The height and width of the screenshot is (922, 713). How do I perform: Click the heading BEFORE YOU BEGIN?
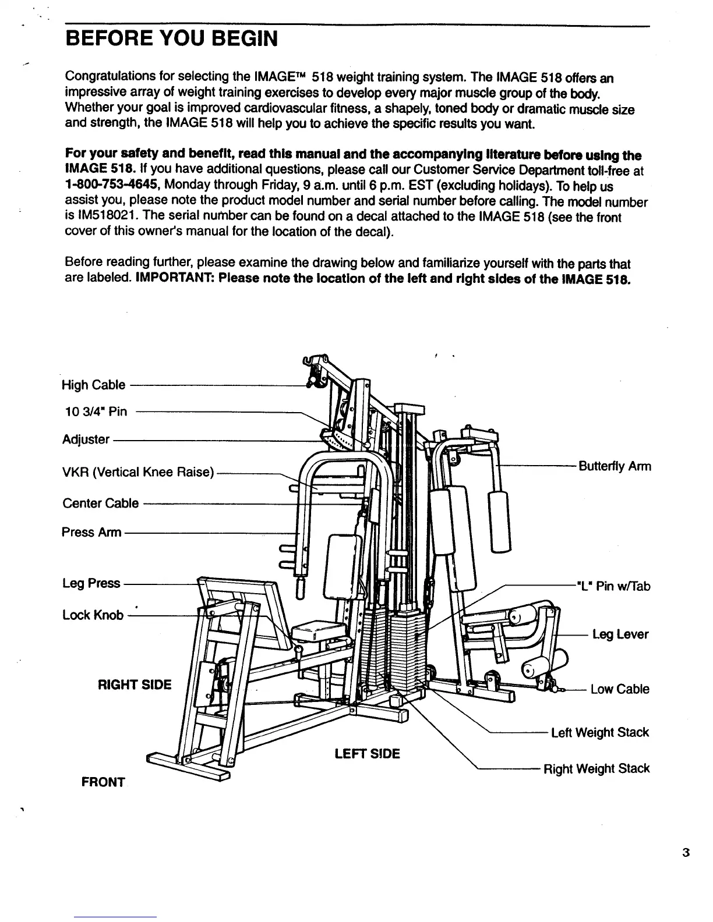pos(171,39)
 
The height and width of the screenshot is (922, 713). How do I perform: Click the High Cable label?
pos(93,385)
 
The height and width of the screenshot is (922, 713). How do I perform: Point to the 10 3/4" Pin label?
pos(94,412)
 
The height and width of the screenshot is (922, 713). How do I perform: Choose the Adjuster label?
pos(86,439)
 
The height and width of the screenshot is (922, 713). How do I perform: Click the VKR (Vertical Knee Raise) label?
pos(138,471)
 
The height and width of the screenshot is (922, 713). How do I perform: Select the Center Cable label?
pos(100,503)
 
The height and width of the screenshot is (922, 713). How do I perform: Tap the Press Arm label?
pos(91,532)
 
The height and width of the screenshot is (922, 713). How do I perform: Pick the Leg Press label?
pos(91,583)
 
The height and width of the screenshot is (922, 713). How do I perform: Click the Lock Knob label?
pos(93,615)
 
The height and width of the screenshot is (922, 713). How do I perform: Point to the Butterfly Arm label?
pos(614,466)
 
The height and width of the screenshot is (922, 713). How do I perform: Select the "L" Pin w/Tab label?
pos(612,586)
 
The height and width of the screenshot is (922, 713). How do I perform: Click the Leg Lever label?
pos(620,634)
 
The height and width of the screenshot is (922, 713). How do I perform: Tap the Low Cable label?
pos(619,689)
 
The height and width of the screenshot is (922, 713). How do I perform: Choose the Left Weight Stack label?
pos(599,732)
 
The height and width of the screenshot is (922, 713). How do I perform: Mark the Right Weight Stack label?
pos(596,769)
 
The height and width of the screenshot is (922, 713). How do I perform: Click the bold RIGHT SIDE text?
pos(135,685)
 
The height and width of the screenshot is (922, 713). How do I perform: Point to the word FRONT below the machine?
pos(103,782)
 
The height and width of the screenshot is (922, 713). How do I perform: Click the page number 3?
pos(686,853)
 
